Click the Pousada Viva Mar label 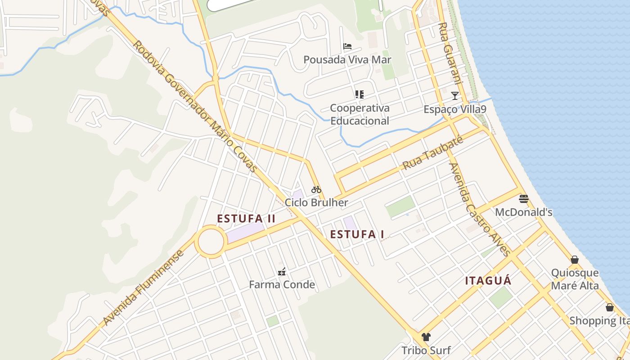(347, 60)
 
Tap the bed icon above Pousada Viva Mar (347, 46)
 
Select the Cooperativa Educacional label (360, 114)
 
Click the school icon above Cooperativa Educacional (359, 94)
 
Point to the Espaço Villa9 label (455, 109)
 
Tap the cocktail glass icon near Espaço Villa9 (455, 95)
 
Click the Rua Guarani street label (450, 54)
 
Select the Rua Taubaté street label (432, 154)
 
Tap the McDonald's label (524, 212)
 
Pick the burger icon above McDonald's (524, 198)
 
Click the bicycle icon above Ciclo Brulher (316, 189)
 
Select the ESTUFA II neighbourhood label (246, 219)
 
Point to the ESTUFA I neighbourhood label (357, 234)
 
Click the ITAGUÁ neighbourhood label (488, 281)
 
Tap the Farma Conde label (282, 284)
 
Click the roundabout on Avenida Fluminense (210, 242)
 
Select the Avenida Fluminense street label (144, 288)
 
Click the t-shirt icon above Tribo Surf (426, 337)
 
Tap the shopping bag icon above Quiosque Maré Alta (575, 260)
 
